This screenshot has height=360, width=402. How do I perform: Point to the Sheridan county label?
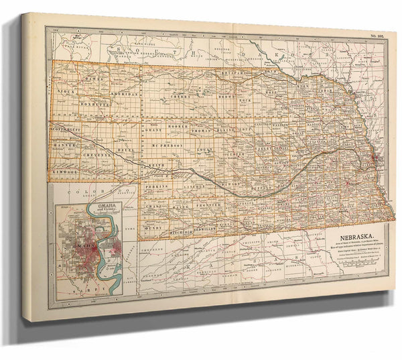tap(125, 95)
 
